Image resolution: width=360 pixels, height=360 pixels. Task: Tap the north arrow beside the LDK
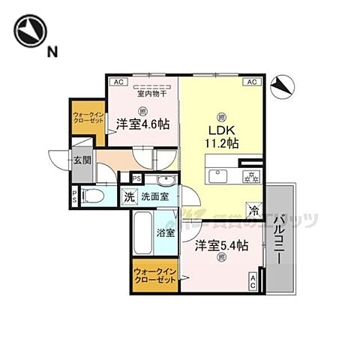point(280,87)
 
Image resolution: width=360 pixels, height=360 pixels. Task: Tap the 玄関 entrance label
point(81,159)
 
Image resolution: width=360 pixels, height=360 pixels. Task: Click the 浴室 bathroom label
point(166,232)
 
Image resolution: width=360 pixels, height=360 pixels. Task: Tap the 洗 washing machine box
point(130,196)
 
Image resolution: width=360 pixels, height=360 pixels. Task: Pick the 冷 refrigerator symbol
point(254,212)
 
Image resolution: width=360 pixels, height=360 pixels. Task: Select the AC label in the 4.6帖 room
point(118,82)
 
